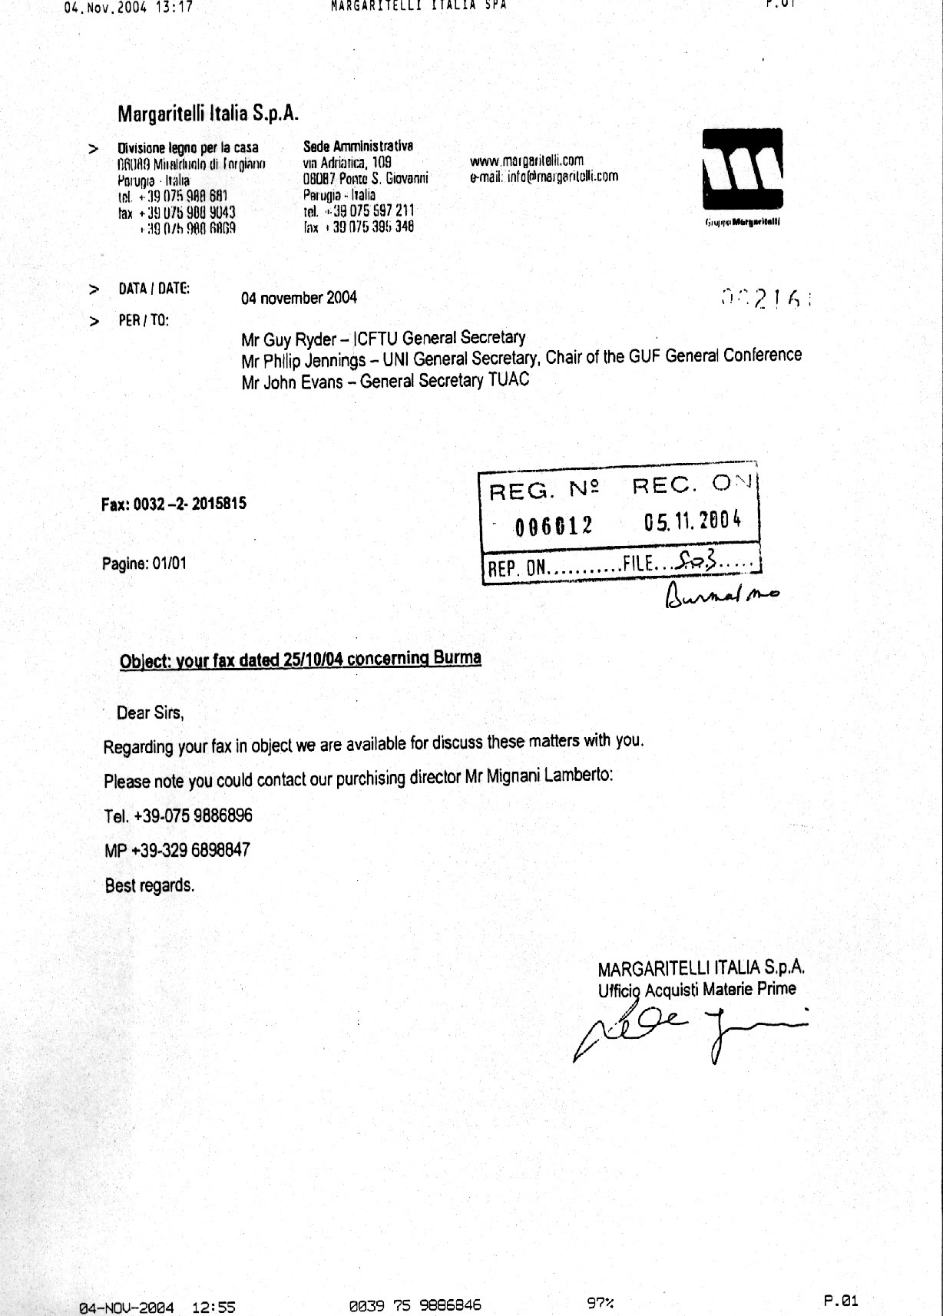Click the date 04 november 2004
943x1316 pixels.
pos(299,298)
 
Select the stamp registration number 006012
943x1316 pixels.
pos(554,525)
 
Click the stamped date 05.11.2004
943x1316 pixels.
pos(693,521)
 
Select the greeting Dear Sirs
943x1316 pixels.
pos(151,713)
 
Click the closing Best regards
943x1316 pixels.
pos(150,885)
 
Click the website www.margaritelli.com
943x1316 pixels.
pos(526,160)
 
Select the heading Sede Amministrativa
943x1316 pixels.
pos(358,146)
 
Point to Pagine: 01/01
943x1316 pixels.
pos(144,564)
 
